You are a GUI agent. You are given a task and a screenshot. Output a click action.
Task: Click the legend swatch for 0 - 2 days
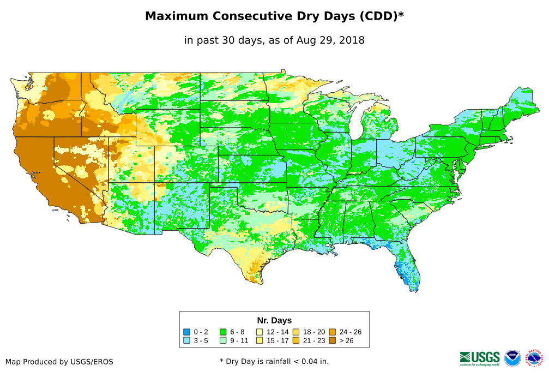pyautogui.click(x=187, y=332)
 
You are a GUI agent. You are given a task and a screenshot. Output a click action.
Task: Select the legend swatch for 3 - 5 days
pyautogui.click(x=187, y=340)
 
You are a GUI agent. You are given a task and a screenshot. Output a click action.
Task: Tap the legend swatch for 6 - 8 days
pyautogui.click(x=224, y=332)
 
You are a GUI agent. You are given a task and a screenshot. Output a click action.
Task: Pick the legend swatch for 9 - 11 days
pyautogui.click(x=224, y=340)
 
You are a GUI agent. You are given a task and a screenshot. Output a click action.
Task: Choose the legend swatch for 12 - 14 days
pyautogui.click(x=260, y=332)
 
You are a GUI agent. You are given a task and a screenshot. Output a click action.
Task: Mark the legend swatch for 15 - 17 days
pyautogui.click(x=260, y=340)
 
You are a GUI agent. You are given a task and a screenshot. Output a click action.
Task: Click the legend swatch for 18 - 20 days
pyautogui.click(x=296, y=332)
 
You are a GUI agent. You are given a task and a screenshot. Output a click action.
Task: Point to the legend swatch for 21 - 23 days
pyautogui.click(x=296, y=340)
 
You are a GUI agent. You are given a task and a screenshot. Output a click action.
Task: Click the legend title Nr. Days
pyautogui.click(x=274, y=320)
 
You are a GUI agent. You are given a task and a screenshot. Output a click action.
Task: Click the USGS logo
pyautogui.click(x=480, y=358)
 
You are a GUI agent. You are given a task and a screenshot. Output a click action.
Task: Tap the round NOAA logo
pyautogui.click(x=512, y=358)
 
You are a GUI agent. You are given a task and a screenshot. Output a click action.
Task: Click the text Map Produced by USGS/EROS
pyautogui.click(x=59, y=362)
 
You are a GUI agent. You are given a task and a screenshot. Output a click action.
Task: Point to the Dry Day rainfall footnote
pyautogui.click(x=274, y=361)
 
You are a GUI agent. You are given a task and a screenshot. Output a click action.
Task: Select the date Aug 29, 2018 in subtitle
pyautogui.click(x=331, y=40)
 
